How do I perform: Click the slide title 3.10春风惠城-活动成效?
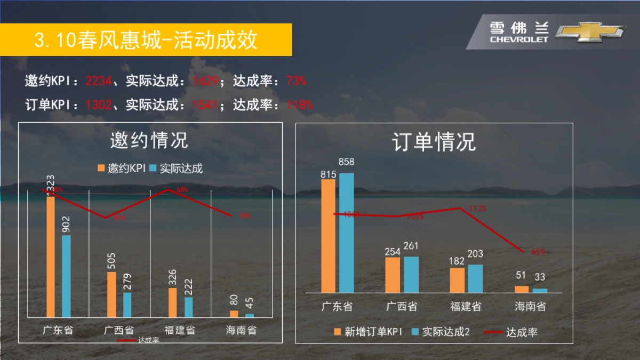146,40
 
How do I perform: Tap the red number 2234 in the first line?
98,81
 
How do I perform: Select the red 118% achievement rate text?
300,105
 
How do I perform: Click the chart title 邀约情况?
149,141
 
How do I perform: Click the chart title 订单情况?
434,142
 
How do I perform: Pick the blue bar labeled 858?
346,233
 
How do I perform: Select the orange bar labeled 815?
328,236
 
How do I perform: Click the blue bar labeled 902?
66,276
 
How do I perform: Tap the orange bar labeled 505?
111,294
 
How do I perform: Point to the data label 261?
411,246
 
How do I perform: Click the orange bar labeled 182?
457,280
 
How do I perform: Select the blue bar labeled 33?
540,291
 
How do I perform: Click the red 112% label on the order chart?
477,209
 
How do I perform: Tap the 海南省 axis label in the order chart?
530,307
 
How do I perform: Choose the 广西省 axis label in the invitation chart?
119,330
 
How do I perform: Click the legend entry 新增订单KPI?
367,332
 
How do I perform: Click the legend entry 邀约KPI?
122,169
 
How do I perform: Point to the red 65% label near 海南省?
538,252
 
